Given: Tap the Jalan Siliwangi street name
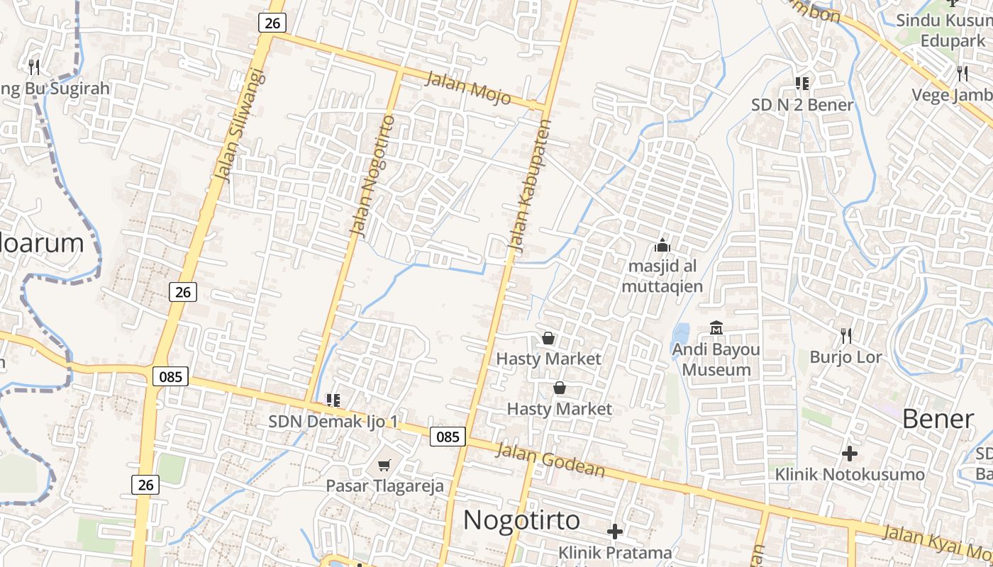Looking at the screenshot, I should pos(243,125).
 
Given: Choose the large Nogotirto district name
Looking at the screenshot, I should pos(521,520).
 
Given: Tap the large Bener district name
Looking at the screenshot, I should pos(938,419).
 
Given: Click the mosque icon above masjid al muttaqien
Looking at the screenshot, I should pos(662,245).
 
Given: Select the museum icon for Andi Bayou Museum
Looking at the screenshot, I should pos(716,328).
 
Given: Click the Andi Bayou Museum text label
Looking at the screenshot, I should pos(716,359).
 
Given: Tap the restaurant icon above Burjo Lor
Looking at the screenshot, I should pos(845,335).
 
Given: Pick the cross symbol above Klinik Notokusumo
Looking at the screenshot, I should pos(849,453).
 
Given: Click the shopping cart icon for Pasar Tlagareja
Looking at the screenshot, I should pos(384,465).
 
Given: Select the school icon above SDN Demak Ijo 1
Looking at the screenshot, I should pos(333,400).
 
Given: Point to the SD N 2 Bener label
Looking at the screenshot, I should pos(802,105).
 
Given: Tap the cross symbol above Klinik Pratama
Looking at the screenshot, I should pos(615,531).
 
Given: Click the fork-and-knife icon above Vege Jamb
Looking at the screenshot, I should pos(963,73).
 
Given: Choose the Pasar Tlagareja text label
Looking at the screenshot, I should pos(384,485).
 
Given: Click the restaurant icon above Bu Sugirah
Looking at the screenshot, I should pos(34,67).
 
